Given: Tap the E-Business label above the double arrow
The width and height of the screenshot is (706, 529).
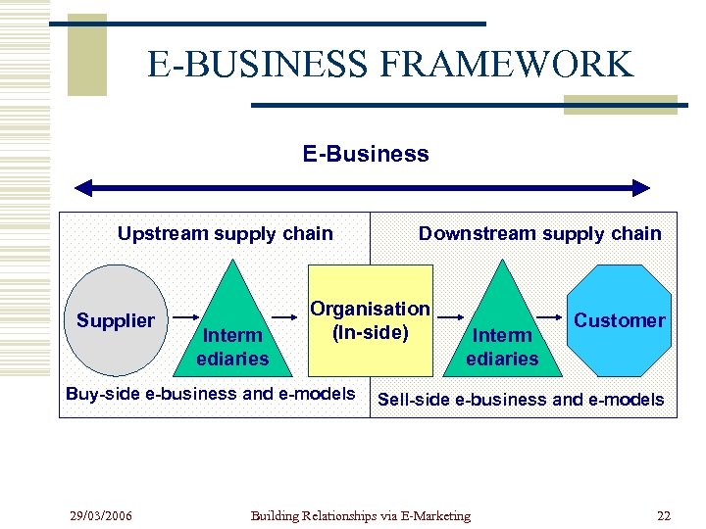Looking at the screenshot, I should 365,154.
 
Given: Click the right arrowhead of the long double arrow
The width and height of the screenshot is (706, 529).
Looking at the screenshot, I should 640,188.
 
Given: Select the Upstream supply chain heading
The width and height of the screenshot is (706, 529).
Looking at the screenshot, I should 225,233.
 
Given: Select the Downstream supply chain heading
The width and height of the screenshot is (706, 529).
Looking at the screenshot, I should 539,233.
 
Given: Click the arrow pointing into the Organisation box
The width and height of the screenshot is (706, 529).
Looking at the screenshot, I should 285,317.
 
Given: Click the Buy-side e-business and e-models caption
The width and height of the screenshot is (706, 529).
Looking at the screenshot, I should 210,394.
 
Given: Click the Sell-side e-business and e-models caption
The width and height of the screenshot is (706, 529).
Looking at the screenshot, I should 521,400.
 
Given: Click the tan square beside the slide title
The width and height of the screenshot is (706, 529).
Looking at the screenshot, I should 87,55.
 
